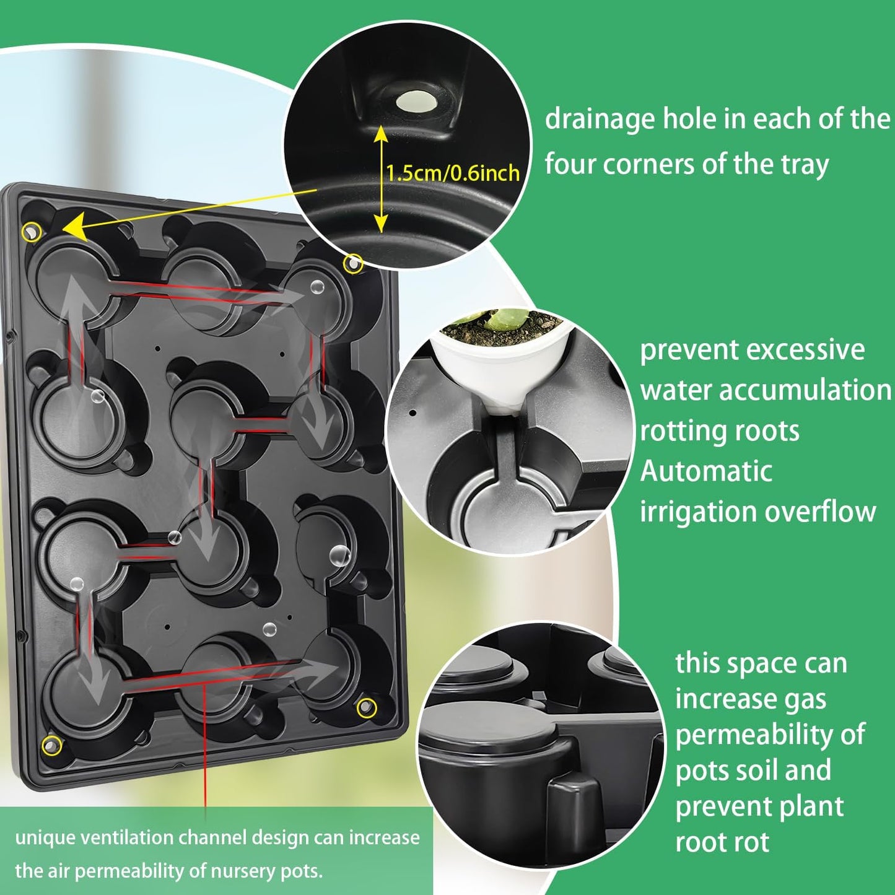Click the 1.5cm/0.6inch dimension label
(x=453, y=173)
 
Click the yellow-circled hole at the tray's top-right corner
(x=353, y=263)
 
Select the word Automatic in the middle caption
(x=706, y=471)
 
